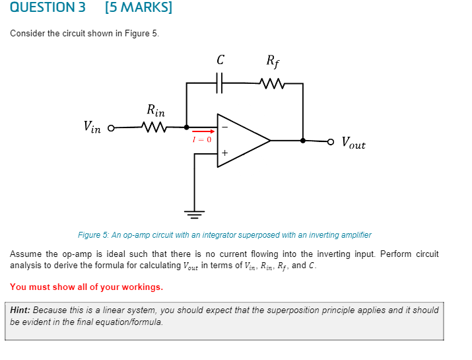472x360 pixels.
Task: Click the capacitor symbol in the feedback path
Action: pyautogui.click(x=220, y=83)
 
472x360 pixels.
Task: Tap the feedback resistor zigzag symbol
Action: pyautogui.click(x=272, y=83)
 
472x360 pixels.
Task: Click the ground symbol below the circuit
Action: pyautogui.click(x=194, y=213)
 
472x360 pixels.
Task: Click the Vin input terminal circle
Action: pyautogui.click(x=111, y=127)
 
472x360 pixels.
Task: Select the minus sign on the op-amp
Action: pyautogui.click(x=224, y=127)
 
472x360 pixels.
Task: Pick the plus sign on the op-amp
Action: pyautogui.click(x=224, y=154)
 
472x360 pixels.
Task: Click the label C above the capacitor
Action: pyautogui.click(x=220, y=60)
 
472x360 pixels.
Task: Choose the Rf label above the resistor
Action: pyautogui.click(x=273, y=61)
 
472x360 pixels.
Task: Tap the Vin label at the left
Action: pyautogui.click(x=92, y=126)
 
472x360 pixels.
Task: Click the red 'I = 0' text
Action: pyautogui.click(x=202, y=139)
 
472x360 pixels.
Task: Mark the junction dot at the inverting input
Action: pyautogui.click(x=186, y=127)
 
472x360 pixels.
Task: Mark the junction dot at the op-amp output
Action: pyautogui.click(x=303, y=141)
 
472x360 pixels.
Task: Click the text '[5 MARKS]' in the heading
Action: pyautogui.click(x=138, y=8)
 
